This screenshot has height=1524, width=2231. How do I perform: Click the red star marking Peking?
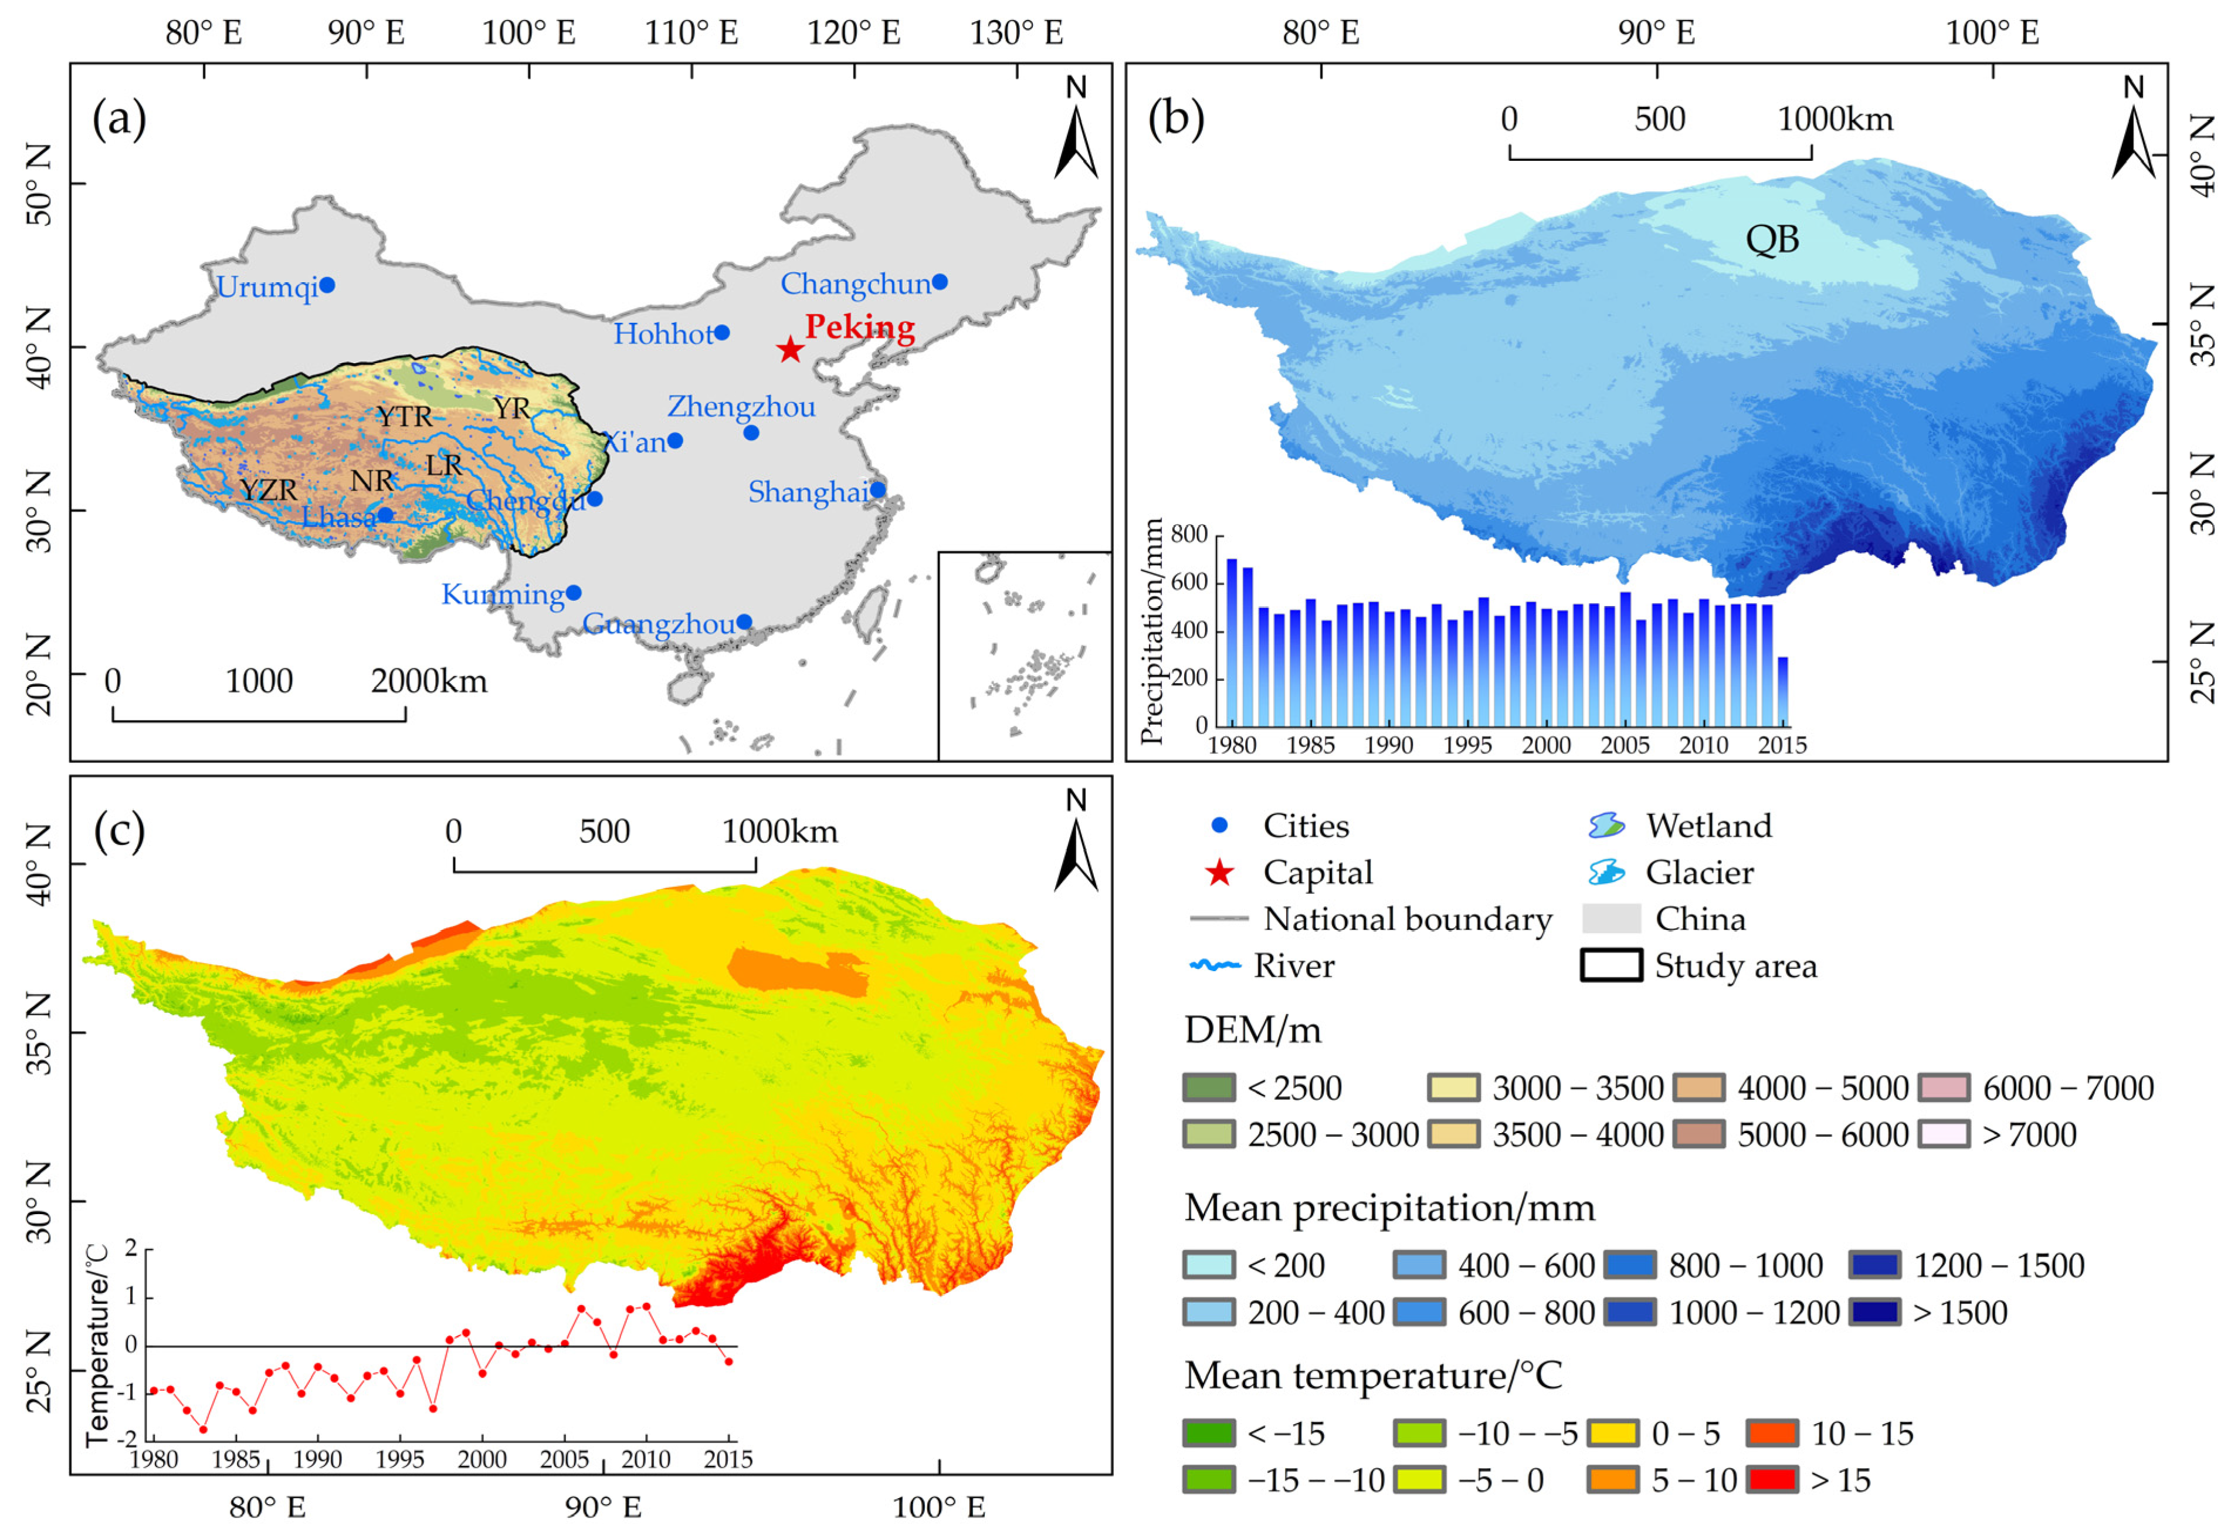click(789, 350)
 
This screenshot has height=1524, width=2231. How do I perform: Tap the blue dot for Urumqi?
click(327, 285)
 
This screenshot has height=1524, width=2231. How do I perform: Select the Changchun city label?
click(855, 284)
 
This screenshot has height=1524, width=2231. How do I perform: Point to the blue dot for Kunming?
click(573, 593)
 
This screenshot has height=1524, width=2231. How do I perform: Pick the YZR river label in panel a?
click(268, 491)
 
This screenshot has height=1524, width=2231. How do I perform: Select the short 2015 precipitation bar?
click(1783, 691)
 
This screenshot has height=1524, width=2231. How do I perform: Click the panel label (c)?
click(119, 831)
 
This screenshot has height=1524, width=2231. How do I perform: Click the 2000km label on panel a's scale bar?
click(429, 682)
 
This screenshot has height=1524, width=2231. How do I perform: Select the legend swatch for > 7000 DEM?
click(1944, 1134)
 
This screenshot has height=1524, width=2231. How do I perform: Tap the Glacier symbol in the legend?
click(1605, 872)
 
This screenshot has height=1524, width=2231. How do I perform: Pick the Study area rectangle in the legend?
click(1611, 965)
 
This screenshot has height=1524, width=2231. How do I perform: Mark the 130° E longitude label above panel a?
click(1016, 33)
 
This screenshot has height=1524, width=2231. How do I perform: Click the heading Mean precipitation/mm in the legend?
click(1389, 1208)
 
